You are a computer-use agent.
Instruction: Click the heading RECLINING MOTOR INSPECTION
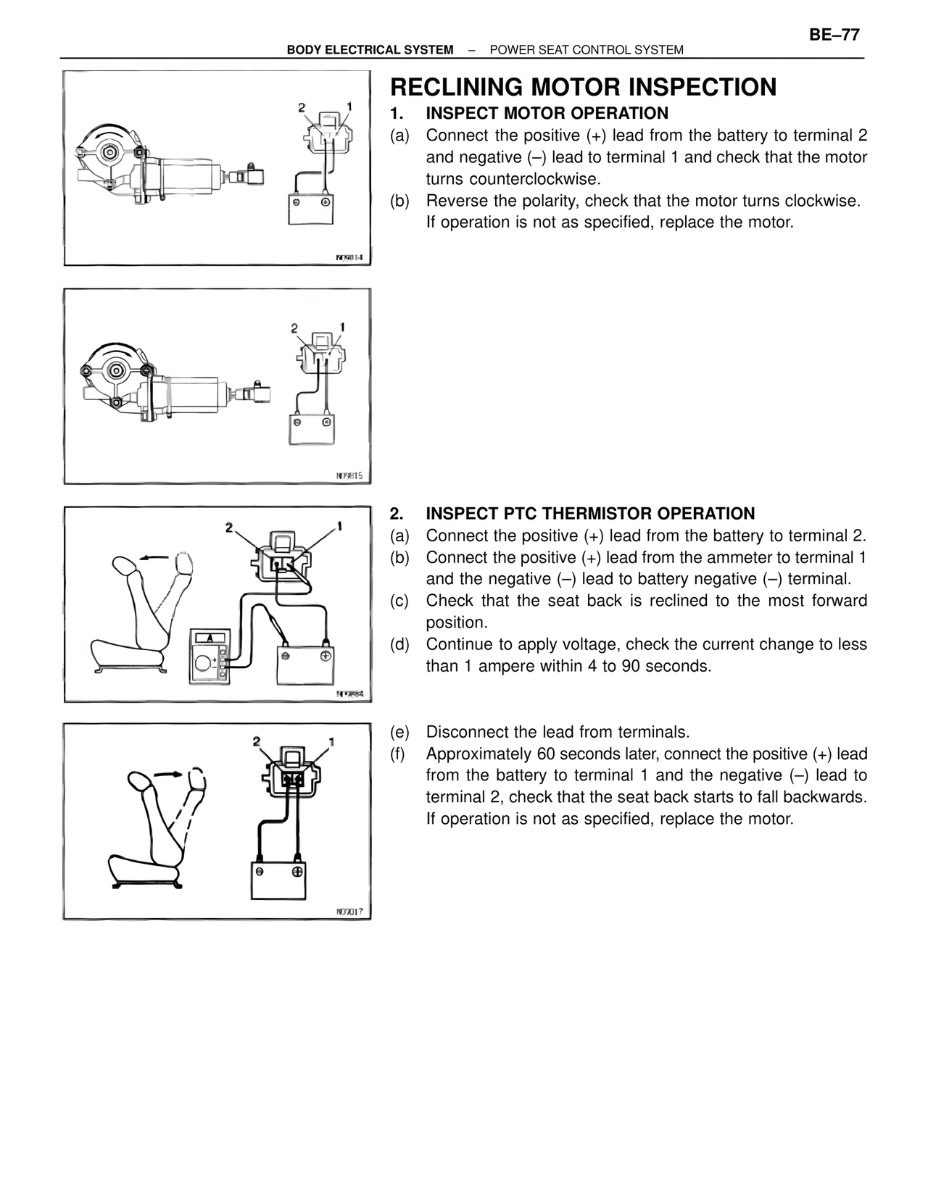pos(583,87)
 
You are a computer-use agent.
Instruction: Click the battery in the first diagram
pos(310,209)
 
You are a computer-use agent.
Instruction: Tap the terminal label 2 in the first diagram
pos(302,108)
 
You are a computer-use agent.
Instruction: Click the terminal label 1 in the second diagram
pos(341,328)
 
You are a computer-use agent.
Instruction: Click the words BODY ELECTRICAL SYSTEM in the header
pos(370,50)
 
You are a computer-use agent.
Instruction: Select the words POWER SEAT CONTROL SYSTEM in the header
pos(586,50)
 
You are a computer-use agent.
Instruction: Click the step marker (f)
pos(397,754)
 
